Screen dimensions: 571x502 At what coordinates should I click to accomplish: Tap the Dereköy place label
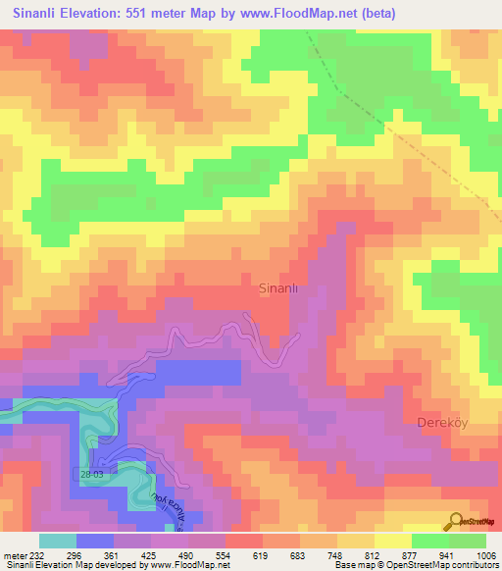443,423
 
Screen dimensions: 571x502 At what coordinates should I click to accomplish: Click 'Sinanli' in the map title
40,14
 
